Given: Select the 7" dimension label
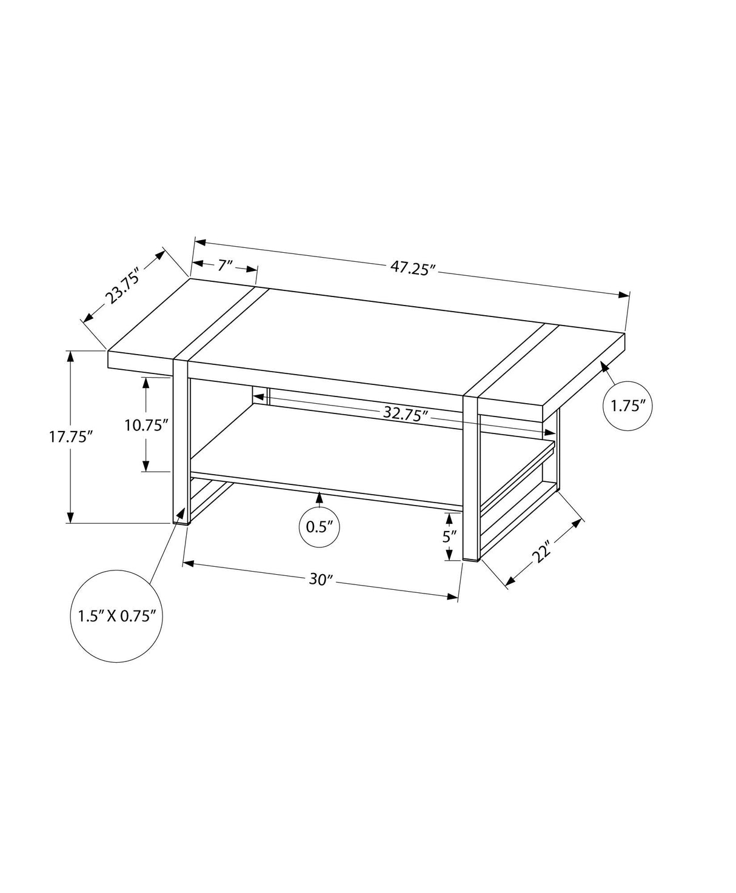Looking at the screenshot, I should pos(225,265).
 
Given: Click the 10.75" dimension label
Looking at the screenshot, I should pos(146,425).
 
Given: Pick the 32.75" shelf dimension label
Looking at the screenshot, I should pos(406,414).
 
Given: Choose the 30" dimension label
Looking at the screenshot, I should pos(319,580).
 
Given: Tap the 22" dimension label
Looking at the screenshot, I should pos(543,552).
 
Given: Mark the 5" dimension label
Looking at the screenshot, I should pos(449,537).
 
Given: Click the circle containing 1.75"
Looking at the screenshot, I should pos(627,406).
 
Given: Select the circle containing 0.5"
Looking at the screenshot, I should pos(319,526).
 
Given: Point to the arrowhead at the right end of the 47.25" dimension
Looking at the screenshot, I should pos(624,295).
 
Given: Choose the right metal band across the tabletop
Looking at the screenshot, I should pos(514,359).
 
